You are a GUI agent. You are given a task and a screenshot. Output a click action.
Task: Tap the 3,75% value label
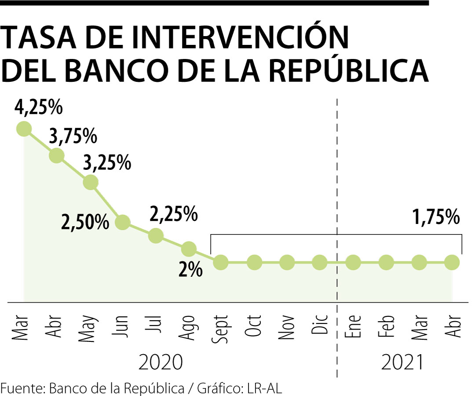click(73, 136)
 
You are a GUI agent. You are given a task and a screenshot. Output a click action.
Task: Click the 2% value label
click(190, 270)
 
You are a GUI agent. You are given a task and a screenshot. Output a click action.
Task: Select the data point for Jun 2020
click(123, 222)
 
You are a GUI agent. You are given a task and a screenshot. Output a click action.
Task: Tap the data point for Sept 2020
click(221, 263)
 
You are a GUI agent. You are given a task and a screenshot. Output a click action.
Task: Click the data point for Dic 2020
click(320, 263)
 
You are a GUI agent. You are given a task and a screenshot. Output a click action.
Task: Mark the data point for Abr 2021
click(452, 263)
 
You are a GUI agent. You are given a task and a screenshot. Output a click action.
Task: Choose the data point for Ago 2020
click(188, 249)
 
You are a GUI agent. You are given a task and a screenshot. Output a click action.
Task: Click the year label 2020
click(160, 363)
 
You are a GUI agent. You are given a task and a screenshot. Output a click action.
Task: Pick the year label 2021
click(402, 363)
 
